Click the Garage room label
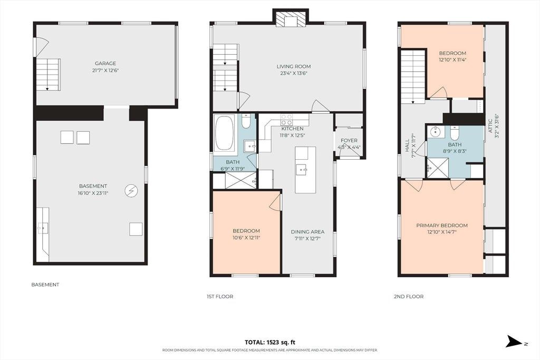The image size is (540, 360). click(105, 63)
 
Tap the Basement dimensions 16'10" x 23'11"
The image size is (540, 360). click(93, 193)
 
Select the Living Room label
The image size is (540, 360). click(294, 66)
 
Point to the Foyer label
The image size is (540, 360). click(349, 140)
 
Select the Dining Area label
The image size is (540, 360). click(307, 231)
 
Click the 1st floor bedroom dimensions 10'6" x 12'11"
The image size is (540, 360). click(246, 238)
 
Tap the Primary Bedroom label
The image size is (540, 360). click(442, 226)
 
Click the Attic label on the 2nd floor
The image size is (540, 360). click(491, 127)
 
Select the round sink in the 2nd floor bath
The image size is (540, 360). click(436, 131)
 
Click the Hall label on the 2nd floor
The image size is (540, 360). click(408, 145)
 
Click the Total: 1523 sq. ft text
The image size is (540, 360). click(270, 342)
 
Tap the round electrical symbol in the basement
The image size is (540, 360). click(131, 191)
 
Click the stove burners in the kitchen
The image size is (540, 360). click(287, 120)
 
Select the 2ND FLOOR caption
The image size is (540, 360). click(409, 296)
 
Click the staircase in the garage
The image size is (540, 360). click(48, 75)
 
